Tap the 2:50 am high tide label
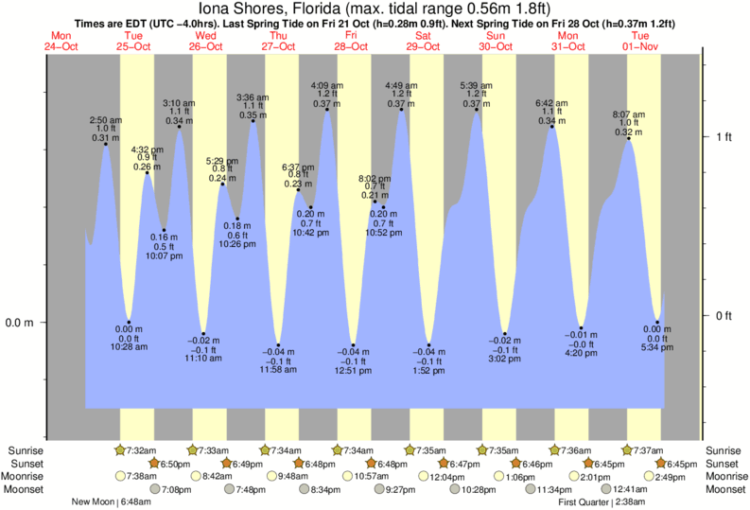(105, 120)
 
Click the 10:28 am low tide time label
(130, 347)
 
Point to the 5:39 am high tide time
(475, 85)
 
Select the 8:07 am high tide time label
(628, 114)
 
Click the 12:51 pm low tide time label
(354, 371)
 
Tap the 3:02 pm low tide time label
(505, 359)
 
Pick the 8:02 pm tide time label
(375, 178)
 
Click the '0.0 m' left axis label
(20, 323)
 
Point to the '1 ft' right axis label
(724, 137)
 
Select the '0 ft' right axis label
(724, 315)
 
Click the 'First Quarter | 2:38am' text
(604, 501)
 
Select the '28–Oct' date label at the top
(351, 46)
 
